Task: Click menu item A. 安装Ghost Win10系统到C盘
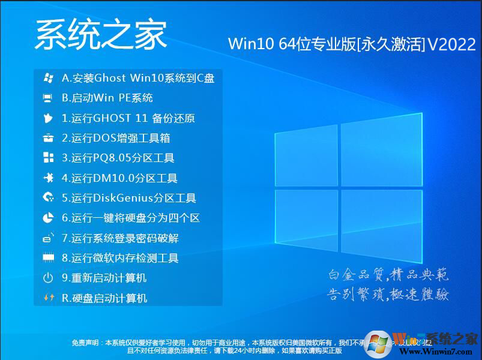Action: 138,78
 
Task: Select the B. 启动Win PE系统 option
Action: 107,98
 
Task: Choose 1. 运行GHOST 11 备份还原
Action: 128,118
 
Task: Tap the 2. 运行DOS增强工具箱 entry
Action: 116,138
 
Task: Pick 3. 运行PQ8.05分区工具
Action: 118,158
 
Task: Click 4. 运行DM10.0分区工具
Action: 119,178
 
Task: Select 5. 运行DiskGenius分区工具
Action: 129,198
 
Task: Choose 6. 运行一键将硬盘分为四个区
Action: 131,218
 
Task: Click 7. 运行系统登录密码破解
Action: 120,238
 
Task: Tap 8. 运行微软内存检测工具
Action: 120,258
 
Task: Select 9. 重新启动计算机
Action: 104,278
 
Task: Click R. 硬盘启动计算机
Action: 104,298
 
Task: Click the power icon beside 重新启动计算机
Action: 48,278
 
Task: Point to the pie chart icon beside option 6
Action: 48,218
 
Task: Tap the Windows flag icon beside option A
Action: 48,78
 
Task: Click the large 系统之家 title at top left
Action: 101,34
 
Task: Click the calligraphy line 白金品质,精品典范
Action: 388,275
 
